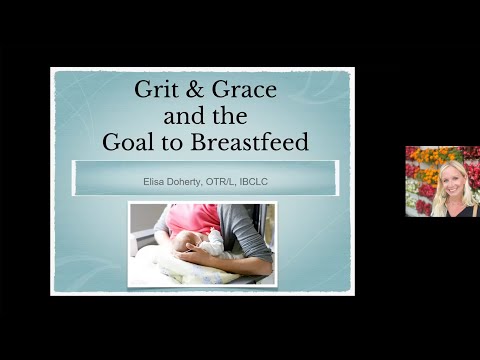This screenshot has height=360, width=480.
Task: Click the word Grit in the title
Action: point(158,89)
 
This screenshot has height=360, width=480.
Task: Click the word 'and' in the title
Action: point(180,116)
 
